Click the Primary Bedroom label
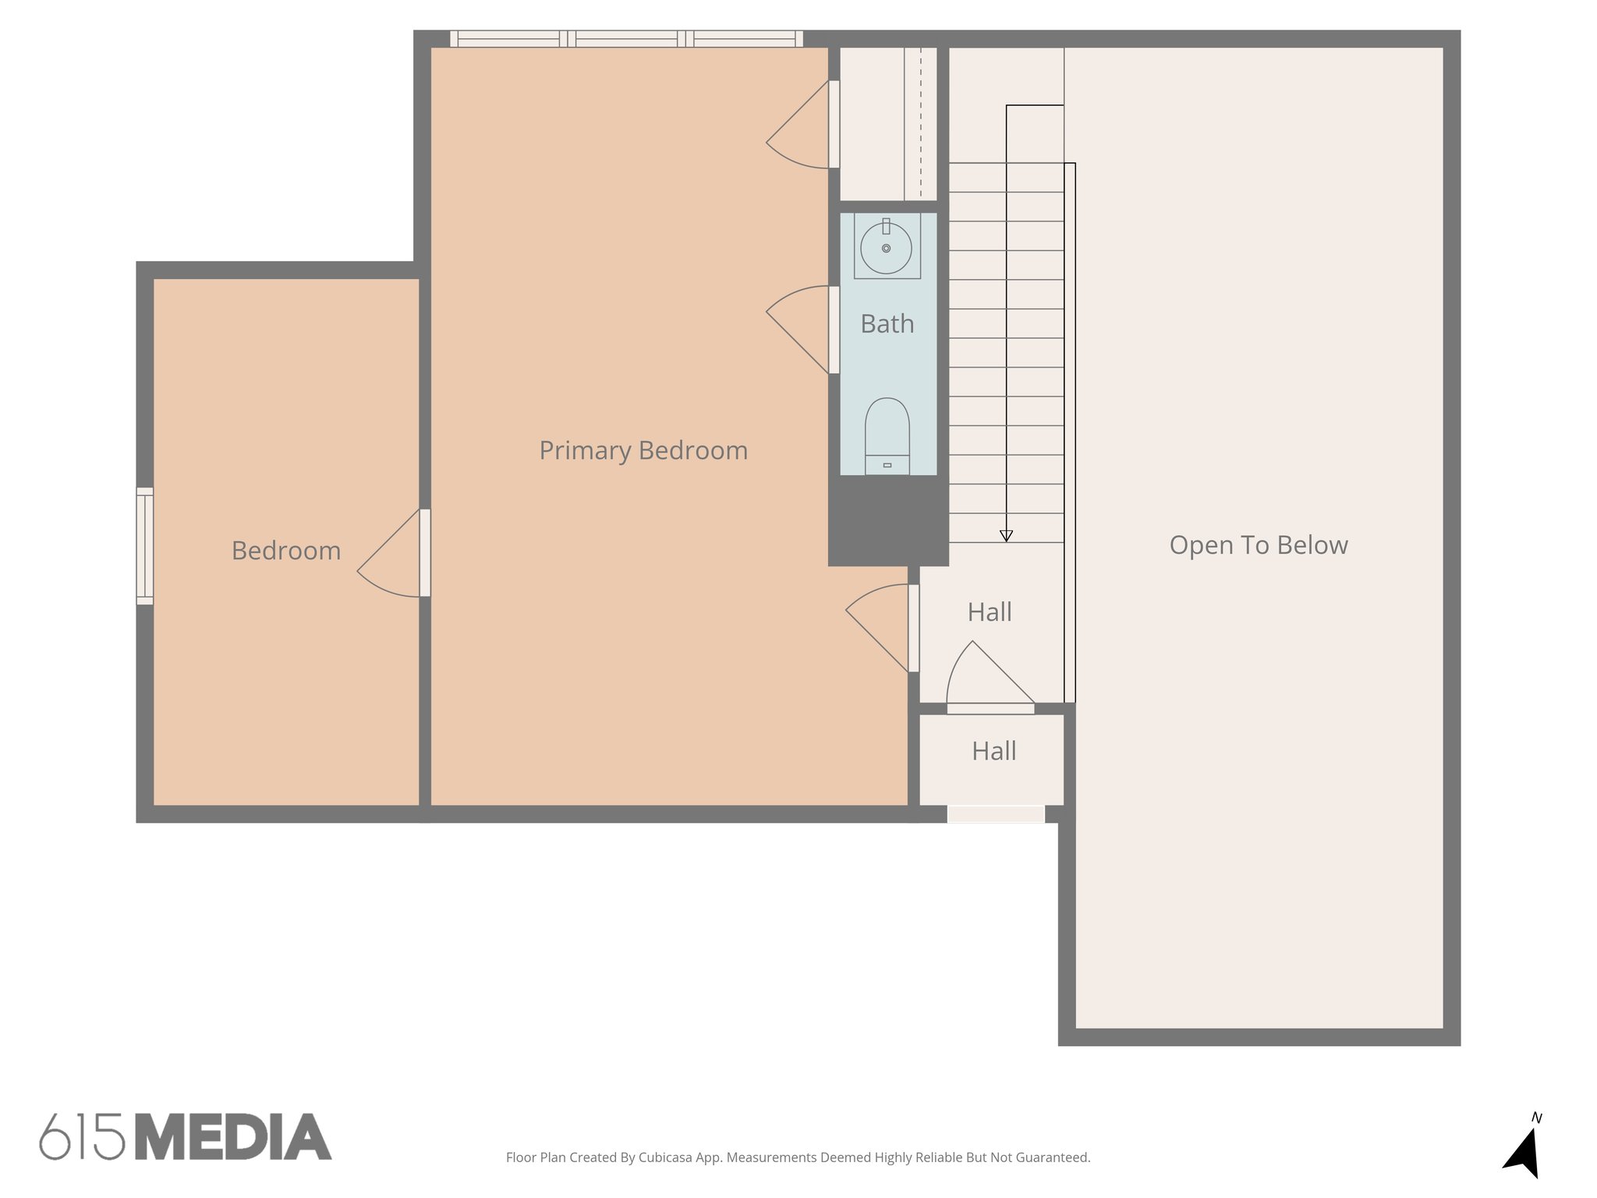[643, 450]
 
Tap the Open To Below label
[1258, 545]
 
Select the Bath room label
[887, 324]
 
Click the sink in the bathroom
[886, 247]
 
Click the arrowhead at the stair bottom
[1006, 536]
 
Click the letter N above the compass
[1536, 1118]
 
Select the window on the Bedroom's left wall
[145, 546]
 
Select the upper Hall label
[990, 612]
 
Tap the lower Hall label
[993, 751]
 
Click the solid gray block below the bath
[887, 520]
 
